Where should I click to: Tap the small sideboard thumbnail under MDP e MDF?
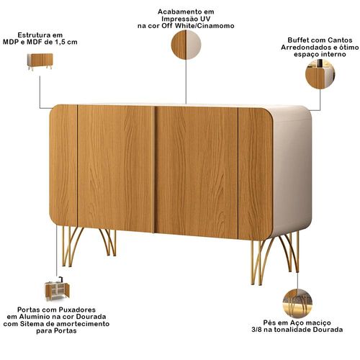click(x=40, y=62)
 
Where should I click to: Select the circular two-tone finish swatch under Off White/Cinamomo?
click(x=186, y=45)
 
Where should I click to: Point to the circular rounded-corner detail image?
click(x=320, y=74)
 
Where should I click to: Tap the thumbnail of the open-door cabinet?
click(x=57, y=289)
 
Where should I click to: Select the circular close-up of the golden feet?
click(x=297, y=303)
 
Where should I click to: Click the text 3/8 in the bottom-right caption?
click(x=256, y=330)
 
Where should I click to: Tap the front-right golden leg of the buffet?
click(x=261, y=262)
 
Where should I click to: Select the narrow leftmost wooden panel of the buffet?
click(x=63, y=166)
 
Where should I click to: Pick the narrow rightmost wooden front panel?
click(x=256, y=174)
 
